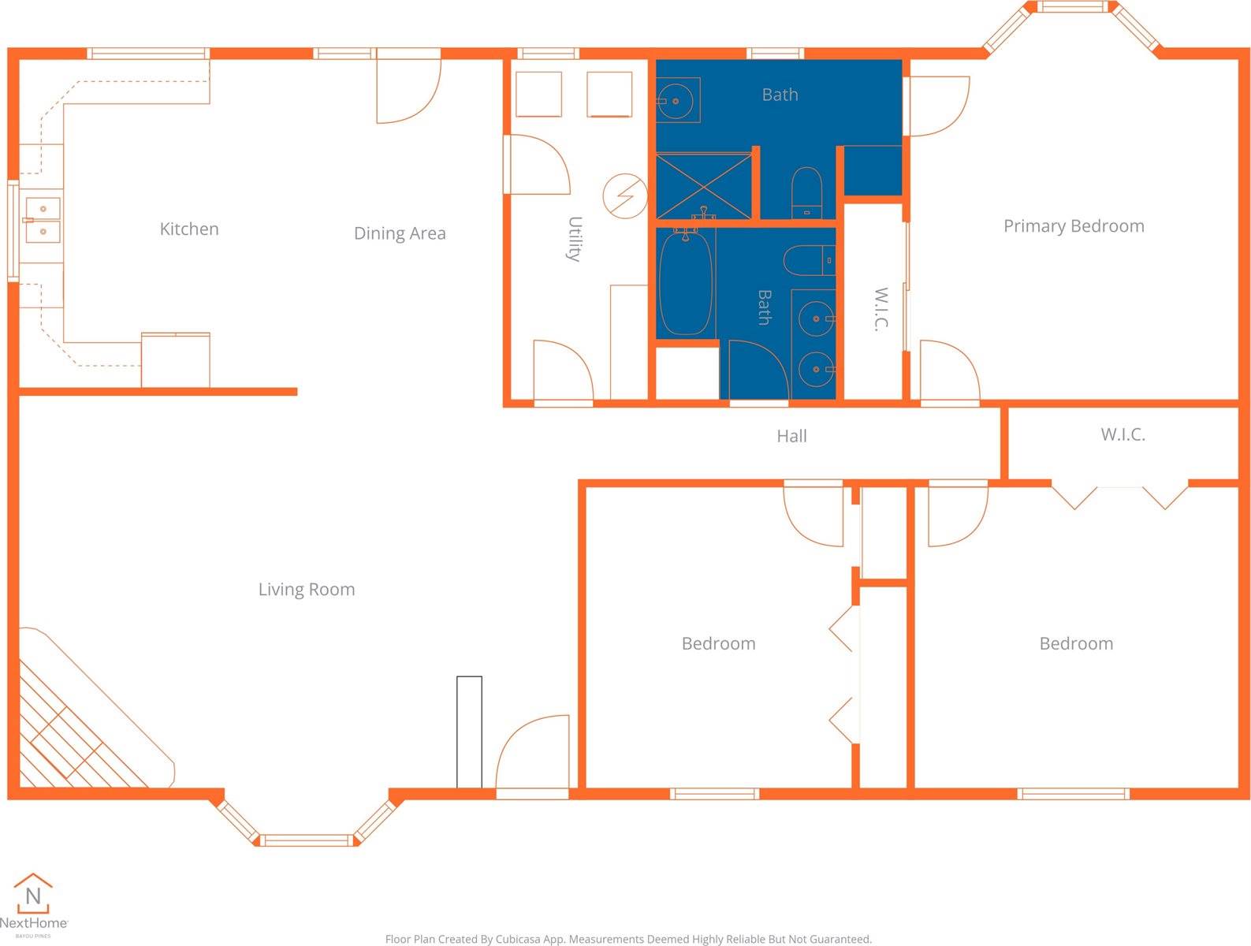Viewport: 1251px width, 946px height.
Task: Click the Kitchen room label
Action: (x=189, y=229)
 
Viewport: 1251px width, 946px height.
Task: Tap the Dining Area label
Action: (x=400, y=233)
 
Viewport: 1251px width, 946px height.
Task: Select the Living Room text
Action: (x=307, y=589)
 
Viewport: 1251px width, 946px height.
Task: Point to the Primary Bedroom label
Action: (x=1074, y=226)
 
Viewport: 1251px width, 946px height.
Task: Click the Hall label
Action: (x=791, y=436)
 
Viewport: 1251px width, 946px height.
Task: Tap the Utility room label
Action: (x=575, y=239)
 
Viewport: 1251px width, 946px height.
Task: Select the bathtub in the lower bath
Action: (x=686, y=282)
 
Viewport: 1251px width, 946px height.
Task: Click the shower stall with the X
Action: (x=704, y=186)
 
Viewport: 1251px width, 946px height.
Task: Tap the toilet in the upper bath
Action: (x=806, y=192)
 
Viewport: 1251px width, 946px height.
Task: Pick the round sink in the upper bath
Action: (x=677, y=100)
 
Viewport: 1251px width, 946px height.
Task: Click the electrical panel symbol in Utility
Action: (x=625, y=196)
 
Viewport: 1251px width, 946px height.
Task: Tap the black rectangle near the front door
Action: (x=469, y=732)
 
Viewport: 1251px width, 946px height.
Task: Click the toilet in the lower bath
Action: (x=810, y=260)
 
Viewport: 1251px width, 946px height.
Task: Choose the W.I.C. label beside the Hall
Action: (x=1123, y=434)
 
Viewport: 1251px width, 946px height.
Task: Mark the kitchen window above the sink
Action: (x=13, y=231)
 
